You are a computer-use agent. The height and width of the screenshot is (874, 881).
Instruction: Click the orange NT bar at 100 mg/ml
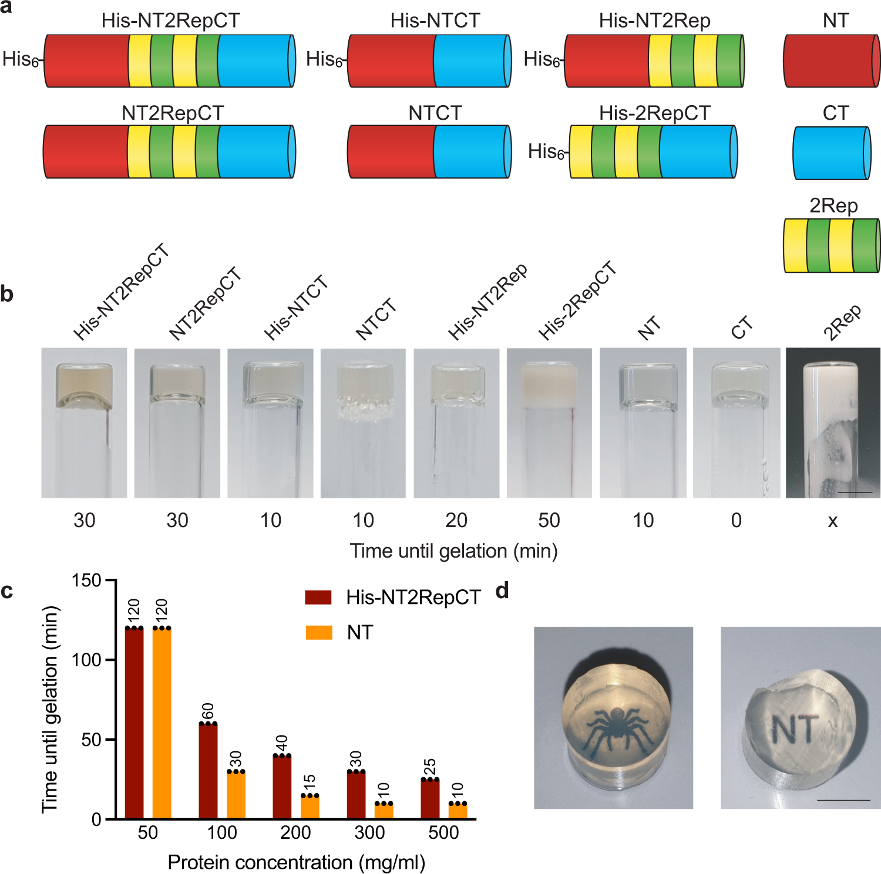click(236, 795)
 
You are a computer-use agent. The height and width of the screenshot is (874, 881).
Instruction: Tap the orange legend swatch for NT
click(319, 632)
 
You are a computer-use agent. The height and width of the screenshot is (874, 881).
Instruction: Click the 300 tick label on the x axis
click(369, 832)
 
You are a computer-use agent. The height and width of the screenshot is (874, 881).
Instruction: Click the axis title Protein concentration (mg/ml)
click(296, 862)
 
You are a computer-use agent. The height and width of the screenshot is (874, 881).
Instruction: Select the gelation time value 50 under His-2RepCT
click(549, 520)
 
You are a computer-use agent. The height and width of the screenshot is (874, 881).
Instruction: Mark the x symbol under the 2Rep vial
click(832, 521)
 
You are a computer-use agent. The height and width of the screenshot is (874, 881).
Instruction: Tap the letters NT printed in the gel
click(794, 729)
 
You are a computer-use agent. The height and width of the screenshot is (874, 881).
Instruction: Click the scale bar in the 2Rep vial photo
click(855, 492)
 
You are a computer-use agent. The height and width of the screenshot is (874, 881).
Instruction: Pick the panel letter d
click(502, 590)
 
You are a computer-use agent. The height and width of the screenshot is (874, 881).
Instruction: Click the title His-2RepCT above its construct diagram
click(654, 113)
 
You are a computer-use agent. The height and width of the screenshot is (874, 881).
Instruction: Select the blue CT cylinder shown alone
click(831, 153)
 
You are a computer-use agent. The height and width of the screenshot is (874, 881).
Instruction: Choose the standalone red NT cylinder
click(831, 60)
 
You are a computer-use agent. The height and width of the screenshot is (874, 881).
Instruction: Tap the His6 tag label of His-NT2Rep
click(542, 59)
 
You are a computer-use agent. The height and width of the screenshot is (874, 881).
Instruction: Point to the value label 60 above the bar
click(208, 711)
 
